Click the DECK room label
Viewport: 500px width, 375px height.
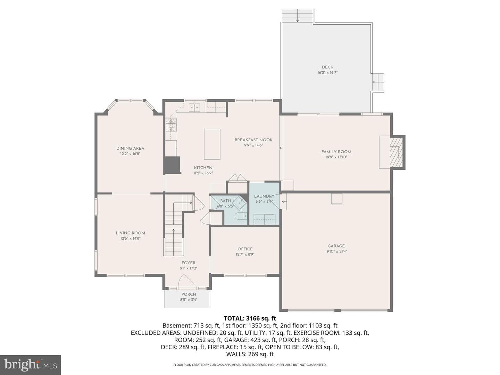pyautogui.click(x=327, y=67)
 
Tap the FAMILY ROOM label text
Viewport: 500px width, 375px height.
pyautogui.click(x=336, y=152)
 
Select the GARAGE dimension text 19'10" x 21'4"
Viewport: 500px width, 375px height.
pyautogui.click(x=336, y=251)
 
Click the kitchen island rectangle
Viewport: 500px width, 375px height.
pyautogui.click(x=212, y=144)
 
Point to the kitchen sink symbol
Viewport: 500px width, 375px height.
pyautogui.click(x=194, y=108)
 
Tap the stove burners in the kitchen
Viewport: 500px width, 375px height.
pyautogui.click(x=171, y=125)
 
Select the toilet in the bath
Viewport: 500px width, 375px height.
pyautogui.click(x=241, y=216)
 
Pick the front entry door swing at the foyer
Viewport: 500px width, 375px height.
pyautogui.click(x=187, y=281)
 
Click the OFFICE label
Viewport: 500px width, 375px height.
pyautogui.click(x=245, y=249)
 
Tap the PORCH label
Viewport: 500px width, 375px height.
pyautogui.click(x=189, y=294)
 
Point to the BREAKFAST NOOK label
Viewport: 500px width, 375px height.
pyautogui.click(x=253, y=140)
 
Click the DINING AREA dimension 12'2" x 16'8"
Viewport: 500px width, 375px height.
pyautogui.click(x=130, y=154)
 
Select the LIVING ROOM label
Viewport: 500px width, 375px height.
pyautogui.click(x=130, y=233)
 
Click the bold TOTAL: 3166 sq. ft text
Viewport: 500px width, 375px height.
pyautogui.click(x=250, y=318)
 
